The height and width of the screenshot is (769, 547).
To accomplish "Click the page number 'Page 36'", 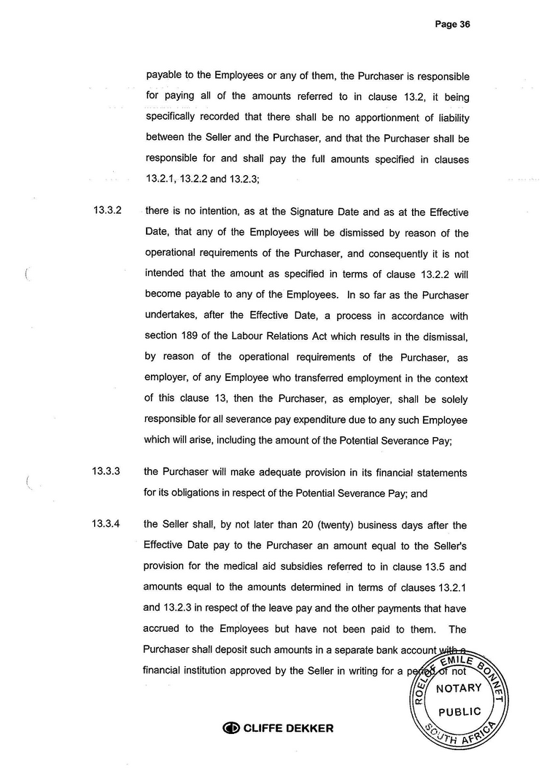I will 452,24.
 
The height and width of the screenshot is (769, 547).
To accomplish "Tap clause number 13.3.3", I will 106,471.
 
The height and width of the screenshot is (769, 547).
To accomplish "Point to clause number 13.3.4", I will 106,523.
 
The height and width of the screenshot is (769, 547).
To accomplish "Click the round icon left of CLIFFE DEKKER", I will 230,727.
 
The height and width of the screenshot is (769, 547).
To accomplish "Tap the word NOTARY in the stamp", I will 458,688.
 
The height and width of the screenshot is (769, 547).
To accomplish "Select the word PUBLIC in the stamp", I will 459,711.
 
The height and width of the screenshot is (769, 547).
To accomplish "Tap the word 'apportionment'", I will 368,117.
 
